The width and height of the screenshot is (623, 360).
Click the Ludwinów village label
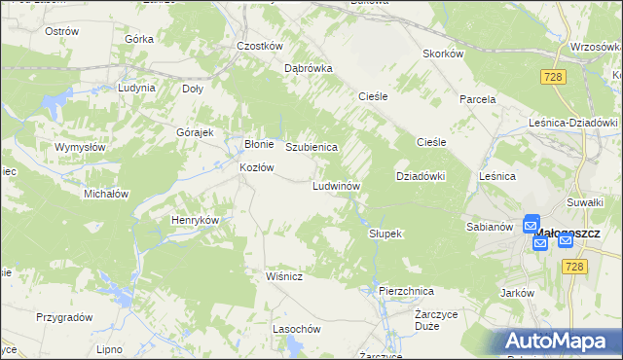click(337, 186)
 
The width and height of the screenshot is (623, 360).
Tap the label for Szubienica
click(311, 147)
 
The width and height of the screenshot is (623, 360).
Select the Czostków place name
click(259, 46)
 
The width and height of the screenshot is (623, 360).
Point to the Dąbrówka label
click(308, 69)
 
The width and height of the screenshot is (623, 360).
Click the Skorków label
click(442, 54)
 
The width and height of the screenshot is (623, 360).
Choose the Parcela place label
click(478, 99)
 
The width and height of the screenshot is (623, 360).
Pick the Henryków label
click(195, 220)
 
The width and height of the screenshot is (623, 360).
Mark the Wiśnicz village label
click(285, 277)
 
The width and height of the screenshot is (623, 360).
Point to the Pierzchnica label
click(406, 291)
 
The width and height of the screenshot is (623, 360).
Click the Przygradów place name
click(64, 317)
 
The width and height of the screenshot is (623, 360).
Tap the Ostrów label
click(61, 31)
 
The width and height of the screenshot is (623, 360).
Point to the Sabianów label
click(489, 227)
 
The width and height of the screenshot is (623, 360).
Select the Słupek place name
click(385, 234)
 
